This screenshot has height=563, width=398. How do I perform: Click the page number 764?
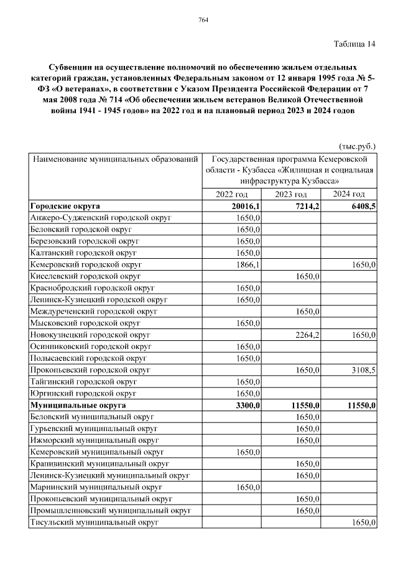(203, 21)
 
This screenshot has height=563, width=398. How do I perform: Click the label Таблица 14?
(354, 44)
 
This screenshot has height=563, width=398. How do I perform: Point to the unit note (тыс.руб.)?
(357, 146)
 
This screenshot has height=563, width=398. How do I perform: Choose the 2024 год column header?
(349, 195)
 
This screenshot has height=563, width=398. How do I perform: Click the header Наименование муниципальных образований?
(115, 159)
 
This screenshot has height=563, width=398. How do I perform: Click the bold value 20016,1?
(245, 206)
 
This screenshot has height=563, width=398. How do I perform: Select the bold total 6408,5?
(363, 206)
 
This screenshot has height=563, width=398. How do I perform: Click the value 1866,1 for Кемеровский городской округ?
(247, 264)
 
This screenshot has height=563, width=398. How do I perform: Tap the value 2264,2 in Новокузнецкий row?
(306, 335)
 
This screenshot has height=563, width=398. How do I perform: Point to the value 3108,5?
(363, 370)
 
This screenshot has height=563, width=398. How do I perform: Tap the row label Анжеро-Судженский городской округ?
(101, 218)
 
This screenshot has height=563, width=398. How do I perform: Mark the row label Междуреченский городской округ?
(94, 311)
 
